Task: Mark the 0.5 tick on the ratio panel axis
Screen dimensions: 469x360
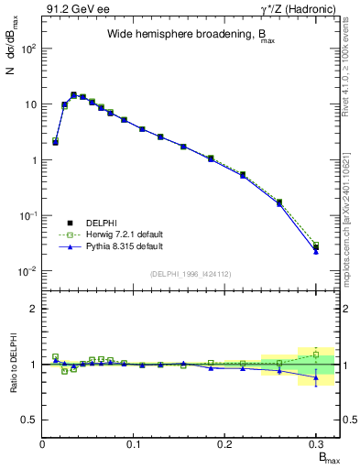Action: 31,420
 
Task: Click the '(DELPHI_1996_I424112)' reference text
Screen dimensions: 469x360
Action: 191,272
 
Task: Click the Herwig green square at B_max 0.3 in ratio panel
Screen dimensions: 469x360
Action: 315,354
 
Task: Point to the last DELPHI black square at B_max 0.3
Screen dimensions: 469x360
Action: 315,247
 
